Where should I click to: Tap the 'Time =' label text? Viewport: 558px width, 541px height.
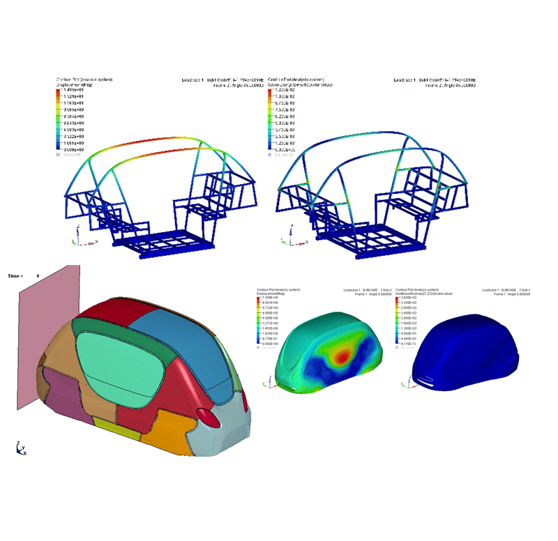pyautogui.click(x=15, y=276)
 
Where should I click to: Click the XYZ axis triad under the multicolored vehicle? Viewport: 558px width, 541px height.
pyautogui.click(x=20, y=448)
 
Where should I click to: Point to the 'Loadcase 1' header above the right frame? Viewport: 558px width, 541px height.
pyautogui.click(x=407, y=80)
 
